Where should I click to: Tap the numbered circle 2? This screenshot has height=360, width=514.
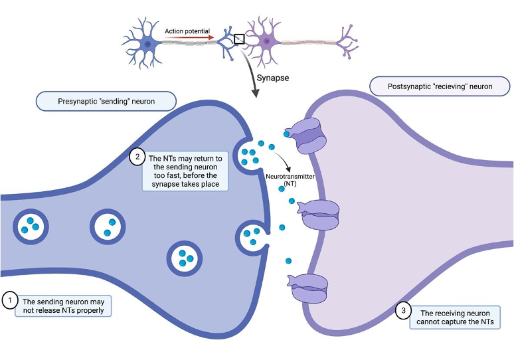[137, 157]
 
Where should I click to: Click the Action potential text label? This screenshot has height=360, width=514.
[187, 31]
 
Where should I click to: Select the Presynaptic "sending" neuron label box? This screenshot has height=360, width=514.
[106, 101]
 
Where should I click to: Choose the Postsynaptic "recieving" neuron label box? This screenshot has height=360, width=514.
[440, 86]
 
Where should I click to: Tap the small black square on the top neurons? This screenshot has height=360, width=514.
[239, 39]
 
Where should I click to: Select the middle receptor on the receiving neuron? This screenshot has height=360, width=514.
[319, 213]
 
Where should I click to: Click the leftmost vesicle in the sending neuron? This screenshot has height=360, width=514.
[28, 226]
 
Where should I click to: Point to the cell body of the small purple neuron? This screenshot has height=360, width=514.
[267, 42]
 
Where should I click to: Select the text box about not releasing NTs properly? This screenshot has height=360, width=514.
[63, 306]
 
